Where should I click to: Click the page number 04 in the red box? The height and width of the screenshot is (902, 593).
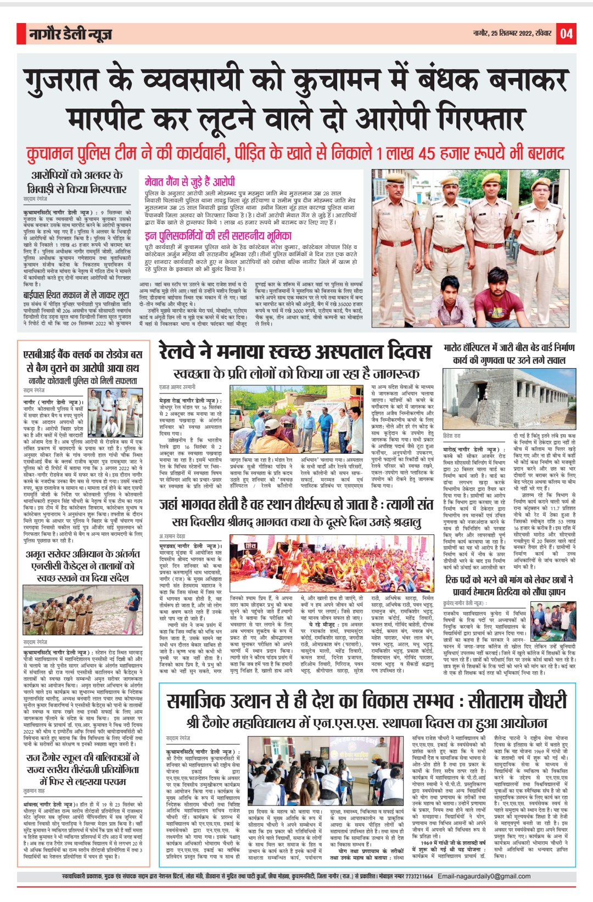(567, 34)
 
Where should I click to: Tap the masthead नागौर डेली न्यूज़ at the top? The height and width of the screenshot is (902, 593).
(71, 35)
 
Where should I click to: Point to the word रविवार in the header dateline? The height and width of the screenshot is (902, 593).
(542, 34)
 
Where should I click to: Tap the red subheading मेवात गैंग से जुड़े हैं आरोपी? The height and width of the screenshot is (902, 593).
(190, 182)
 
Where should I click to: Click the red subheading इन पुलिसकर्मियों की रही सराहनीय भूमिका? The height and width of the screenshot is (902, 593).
(218, 236)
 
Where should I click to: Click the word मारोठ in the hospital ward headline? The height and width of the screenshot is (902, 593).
(458, 348)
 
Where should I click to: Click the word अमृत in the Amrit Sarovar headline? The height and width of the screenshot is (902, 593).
(41, 554)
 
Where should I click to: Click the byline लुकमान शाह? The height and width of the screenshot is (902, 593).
(34, 791)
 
